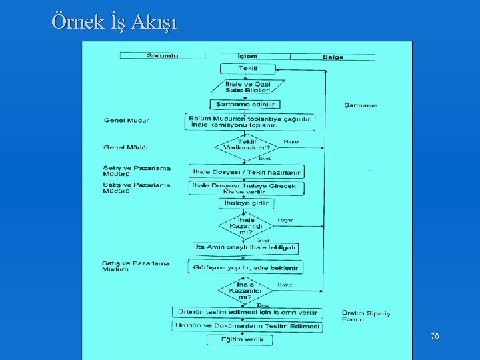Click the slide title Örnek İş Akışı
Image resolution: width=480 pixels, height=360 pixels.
(x=114, y=21)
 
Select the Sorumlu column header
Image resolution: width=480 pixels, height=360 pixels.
(x=162, y=56)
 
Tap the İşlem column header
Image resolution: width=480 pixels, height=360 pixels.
(x=247, y=56)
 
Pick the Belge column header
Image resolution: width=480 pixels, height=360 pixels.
(x=333, y=57)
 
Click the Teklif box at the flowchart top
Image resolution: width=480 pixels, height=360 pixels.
(x=247, y=69)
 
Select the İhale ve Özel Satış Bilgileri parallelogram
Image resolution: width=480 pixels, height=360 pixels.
(x=247, y=87)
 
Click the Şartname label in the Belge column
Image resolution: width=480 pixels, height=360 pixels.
(x=360, y=105)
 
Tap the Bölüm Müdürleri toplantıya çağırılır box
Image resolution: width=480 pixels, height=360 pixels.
(x=251, y=121)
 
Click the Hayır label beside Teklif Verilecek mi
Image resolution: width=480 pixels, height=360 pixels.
(x=291, y=142)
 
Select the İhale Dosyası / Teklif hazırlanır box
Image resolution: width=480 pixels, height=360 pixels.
(x=247, y=171)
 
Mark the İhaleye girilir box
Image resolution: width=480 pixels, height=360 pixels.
(x=246, y=202)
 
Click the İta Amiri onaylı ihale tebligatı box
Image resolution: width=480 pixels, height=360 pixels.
(x=245, y=247)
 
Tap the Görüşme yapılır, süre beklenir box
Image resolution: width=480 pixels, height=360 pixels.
(x=245, y=267)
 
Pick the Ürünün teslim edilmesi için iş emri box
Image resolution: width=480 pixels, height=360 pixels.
(x=247, y=313)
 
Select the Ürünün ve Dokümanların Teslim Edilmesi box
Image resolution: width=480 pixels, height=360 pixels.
(x=247, y=327)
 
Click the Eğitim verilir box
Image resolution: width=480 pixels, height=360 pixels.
(x=245, y=340)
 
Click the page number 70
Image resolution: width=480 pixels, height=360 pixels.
(x=435, y=337)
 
